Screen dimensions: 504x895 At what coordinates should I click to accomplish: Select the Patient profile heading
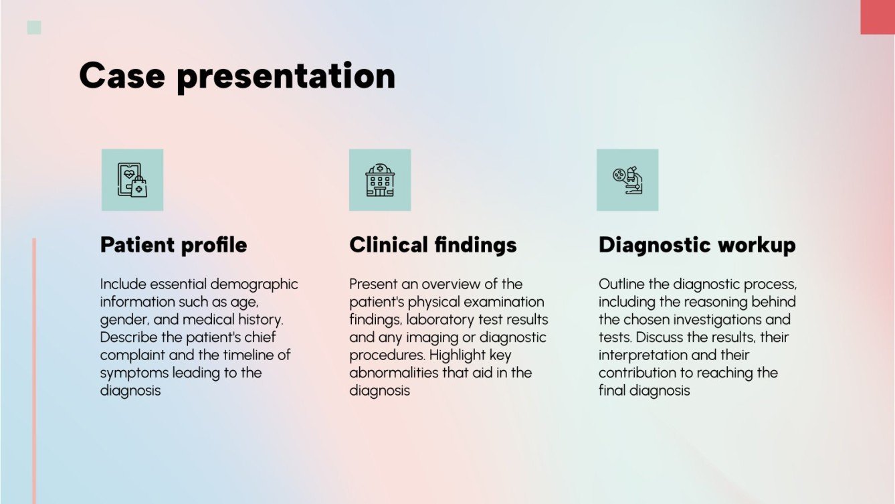click(x=173, y=245)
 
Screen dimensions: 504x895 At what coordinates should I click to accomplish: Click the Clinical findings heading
click(x=433, y=245)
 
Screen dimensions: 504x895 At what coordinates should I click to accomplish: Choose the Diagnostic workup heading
click(x=697, y=245)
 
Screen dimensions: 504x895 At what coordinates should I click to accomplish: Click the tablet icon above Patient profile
click(x=132, y=180)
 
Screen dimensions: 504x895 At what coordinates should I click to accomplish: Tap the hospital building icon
click(x=380, y=180)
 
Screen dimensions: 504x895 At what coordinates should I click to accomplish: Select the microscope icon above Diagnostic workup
click(x=627, y=180)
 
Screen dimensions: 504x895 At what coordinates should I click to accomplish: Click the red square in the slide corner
click(x=877, y=17)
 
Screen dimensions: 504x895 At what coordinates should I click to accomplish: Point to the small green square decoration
click(x=34, y=27)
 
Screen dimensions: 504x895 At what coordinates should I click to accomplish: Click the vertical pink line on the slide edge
click(x=34, y=368)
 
